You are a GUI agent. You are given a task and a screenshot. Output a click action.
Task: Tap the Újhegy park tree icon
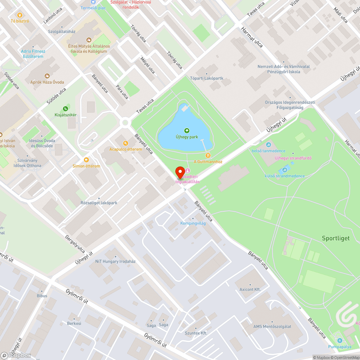click(x=186, y=131)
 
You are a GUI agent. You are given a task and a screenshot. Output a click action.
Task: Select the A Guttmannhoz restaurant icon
click(x=208, y=156)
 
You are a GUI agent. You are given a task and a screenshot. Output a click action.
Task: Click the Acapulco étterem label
click(x=123, y=149)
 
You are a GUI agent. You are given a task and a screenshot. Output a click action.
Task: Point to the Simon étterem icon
click(x=86, y=160)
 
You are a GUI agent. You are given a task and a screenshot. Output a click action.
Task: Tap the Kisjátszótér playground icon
click(x=65, y=108)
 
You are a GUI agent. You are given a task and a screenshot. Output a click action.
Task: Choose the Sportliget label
click(x=336, y=238)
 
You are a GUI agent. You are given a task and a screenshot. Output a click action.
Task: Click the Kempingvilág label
click(x=193, y=223)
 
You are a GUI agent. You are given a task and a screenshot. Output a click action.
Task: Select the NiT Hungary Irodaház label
click(x=115, y=261)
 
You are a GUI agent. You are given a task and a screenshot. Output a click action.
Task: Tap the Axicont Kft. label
click(x=250, y=289)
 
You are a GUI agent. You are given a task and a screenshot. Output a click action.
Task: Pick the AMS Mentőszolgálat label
click(x=272, y=327)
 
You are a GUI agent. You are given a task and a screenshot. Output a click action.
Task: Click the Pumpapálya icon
click(x=339, y=340)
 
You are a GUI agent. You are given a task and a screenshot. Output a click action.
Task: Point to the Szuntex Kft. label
click(x=196, y=333)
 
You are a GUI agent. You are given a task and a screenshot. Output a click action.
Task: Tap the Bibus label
click(x=42, y=296)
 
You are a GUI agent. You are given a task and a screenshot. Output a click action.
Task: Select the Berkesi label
click(x=74, y=323)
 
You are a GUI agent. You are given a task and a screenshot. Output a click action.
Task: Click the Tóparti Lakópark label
click(x=207, y=78)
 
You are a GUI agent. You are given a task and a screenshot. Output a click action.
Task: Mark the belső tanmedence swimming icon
click(x=268, y=145)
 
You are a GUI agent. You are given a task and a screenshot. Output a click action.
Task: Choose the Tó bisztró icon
click(x=20, y=15)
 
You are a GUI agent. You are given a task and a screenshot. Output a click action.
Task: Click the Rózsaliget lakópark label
click(x=99, y=203)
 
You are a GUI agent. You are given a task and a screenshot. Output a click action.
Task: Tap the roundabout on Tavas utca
click(x=125, y=123)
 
